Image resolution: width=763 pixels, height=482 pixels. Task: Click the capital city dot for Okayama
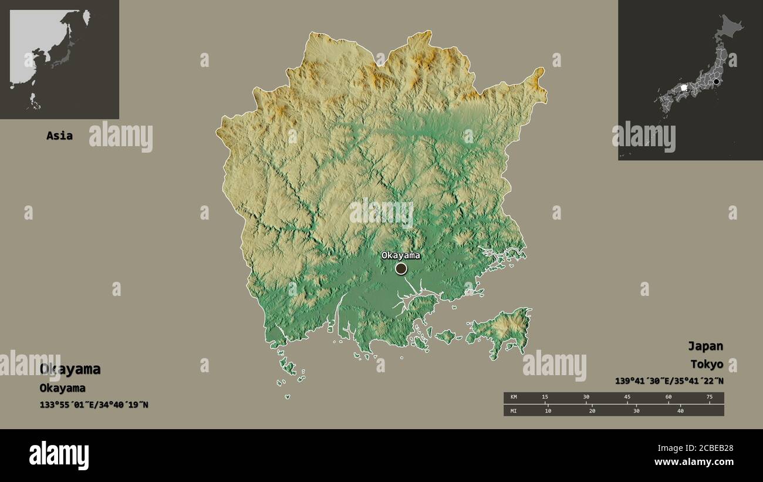(401, 268)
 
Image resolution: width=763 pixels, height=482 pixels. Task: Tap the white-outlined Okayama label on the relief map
(401, 255)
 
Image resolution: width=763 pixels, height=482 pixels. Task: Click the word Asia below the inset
(59, 136)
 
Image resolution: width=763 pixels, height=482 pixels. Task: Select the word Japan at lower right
(705, 346)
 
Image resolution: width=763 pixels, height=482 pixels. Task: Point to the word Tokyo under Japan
(707, 364)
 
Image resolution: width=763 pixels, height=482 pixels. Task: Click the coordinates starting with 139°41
(669, 381)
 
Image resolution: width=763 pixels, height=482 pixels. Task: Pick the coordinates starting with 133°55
(94, 405)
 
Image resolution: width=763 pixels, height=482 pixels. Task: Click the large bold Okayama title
(70, 369)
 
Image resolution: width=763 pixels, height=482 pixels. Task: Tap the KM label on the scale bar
(514, 397)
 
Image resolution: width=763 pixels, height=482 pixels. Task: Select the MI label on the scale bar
(514, 410)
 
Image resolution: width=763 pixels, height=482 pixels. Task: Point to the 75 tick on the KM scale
(709, 397)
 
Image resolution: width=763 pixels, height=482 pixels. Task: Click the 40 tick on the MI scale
(680, 410)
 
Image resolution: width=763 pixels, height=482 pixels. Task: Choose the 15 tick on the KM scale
(545, 397)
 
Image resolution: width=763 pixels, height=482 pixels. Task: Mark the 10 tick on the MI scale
(548, 410)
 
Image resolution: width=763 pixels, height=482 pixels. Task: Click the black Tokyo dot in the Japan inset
(716, 82)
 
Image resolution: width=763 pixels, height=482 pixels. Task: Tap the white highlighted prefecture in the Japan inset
(683, 87)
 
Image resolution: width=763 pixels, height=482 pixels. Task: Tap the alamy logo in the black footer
(59, 455)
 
